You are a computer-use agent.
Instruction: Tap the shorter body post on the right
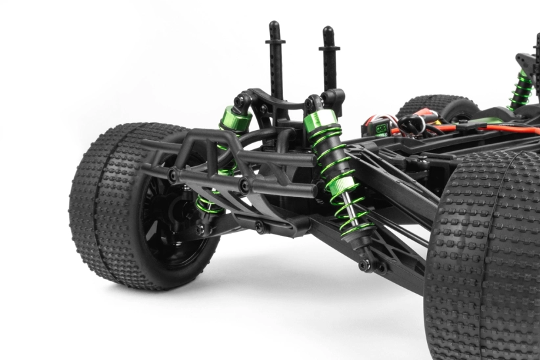tap(328, 59)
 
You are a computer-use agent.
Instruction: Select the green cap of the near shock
tap(321, 121)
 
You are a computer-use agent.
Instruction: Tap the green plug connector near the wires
tap(382, 129)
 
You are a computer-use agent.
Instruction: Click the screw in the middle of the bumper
tap(245, 187)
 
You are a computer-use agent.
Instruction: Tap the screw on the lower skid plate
tap(259, 228)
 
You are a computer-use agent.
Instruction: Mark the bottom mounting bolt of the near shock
tap(365, 265)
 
